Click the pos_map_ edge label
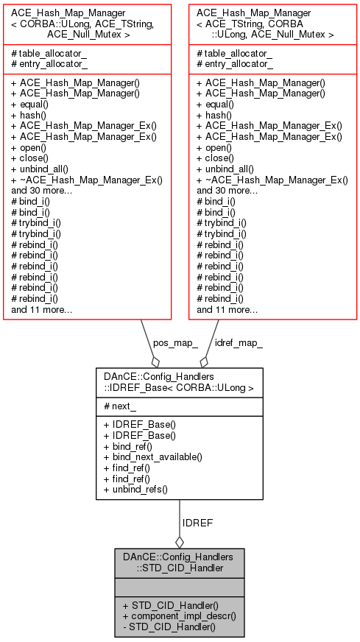tap(175, 343)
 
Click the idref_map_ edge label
tap(239, 343)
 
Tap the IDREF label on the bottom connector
tap(198, 523)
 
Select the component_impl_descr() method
tap(179, 615)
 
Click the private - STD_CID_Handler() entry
tap(169, 627)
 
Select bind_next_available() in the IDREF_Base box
tap(153, 456)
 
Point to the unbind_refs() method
tap(136, 490)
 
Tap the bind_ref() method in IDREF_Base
tap(128, 445)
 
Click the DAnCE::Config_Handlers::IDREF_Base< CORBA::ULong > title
tap(179, 381)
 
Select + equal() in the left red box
tap(36, 105)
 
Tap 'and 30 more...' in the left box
tap(42, 190)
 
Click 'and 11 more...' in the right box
tap(227, 310)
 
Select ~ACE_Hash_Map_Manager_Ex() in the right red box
tap(272, 180)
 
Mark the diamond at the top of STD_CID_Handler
tap(180, 542)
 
